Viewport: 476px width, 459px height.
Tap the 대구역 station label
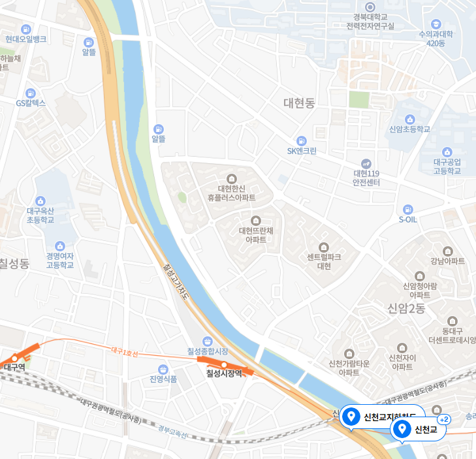pyautogui.click(x=14, y=367)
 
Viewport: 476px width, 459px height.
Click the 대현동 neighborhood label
pyautogui.click(x=299, y=103)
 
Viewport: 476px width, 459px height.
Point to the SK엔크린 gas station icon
pyautogui.click(x=301, y=140)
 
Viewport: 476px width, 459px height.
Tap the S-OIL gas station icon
pyautogui.click(x=407, y=210)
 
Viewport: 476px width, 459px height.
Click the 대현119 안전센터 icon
pyautogui.click(x=366, y=163)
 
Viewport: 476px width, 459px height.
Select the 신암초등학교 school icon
pyautogui.click(x=409, y=119)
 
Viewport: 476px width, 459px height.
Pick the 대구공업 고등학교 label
pyautogui.click(x=447, y=166)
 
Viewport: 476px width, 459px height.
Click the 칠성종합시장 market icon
pyautogui.click(x=207, y=341)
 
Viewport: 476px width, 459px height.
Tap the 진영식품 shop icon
pyautogui.click(x=163, y=369)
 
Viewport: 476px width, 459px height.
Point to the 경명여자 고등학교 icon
pyautogui.click(x=60, y=246)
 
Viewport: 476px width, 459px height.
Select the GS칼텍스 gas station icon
pyautogui.click(x=30, y=93)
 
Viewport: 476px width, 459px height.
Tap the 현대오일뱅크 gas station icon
pyautogui.click(x=25, y=29)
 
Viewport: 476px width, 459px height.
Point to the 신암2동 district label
pyautogui.click(x=406, y=308)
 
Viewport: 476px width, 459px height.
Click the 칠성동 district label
pyautogui.click(x=14, y=264)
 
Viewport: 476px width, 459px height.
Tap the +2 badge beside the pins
pyautogui.click(x=444, y=419)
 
